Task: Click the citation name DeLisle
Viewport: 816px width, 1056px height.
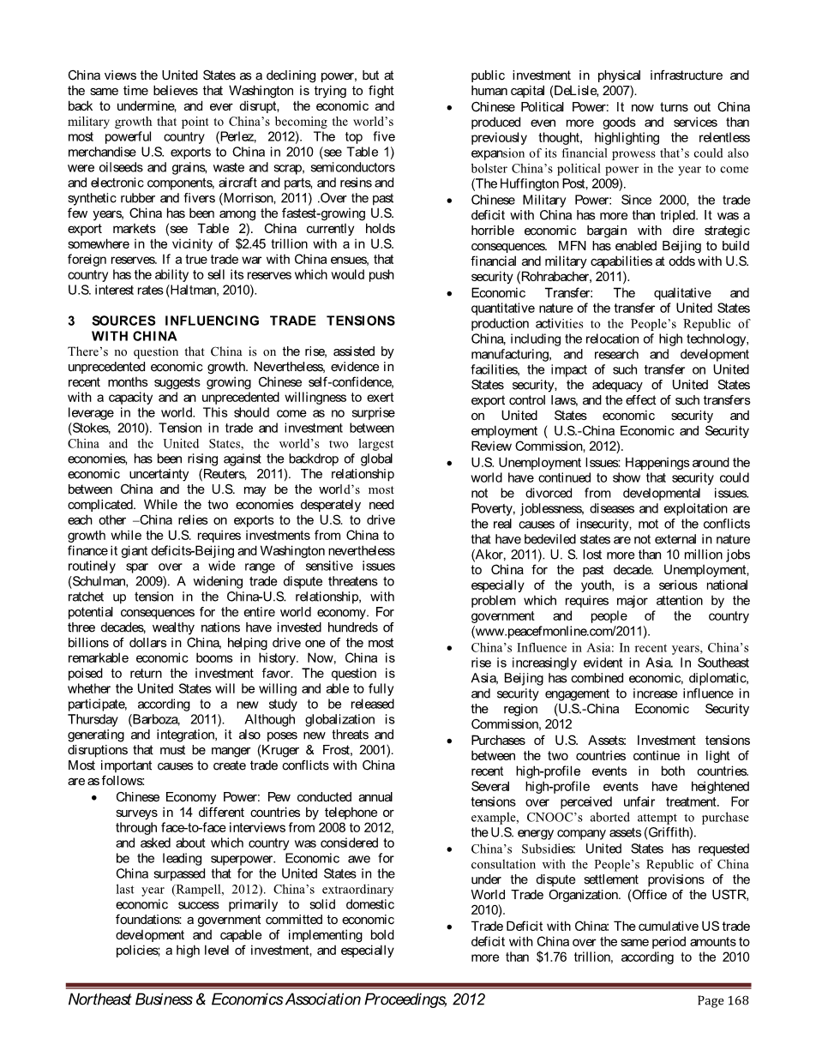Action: click(x=569, y=90)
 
